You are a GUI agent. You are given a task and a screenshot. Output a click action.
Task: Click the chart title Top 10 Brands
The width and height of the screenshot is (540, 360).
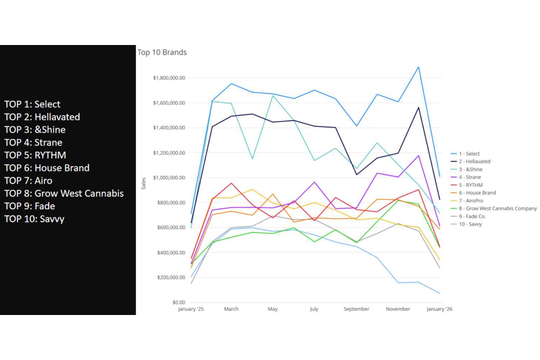(162, 52)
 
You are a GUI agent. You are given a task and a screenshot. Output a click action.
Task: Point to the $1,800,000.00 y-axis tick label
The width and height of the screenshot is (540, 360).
(169, 78)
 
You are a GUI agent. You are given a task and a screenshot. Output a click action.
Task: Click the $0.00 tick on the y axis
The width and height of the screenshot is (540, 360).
(179, 302)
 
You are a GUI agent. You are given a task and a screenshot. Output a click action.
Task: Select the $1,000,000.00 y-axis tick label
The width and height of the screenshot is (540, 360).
(169, 177)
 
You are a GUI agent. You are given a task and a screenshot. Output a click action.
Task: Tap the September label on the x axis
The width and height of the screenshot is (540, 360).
(356, 309)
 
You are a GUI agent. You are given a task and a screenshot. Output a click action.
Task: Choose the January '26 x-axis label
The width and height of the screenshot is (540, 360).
(439, 309)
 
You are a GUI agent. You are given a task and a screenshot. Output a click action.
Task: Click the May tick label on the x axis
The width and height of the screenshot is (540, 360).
(273, 309)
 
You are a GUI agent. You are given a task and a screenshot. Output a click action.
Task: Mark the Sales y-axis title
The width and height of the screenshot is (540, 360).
(144, 183)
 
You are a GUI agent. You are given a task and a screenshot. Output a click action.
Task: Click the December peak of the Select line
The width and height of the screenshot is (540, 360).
(418, 67)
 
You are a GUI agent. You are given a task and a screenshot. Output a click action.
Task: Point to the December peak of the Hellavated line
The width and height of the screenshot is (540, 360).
(418, 107)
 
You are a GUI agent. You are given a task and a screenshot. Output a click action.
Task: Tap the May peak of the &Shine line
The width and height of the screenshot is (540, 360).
(273, 95)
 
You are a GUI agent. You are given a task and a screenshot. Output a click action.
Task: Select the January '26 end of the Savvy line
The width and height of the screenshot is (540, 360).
(439, 293)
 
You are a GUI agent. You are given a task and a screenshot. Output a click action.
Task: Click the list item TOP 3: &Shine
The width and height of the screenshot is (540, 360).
(35, 130)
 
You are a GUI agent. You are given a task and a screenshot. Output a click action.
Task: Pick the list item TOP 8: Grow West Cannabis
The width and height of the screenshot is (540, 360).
(64, 193)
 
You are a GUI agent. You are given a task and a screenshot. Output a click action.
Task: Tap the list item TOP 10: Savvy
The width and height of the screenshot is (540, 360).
(34, 219)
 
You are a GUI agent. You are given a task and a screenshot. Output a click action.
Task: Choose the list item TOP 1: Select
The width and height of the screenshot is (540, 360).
(32, 104)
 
